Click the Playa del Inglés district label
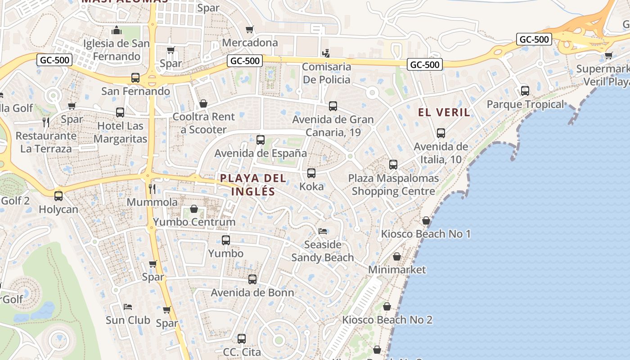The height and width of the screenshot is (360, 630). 253,185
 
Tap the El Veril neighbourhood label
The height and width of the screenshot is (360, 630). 444,112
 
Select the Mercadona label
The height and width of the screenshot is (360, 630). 250,43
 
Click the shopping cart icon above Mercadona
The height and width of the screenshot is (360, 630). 250,29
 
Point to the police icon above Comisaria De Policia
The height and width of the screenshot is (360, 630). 326,54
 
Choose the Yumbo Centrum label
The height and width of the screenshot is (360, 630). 194,222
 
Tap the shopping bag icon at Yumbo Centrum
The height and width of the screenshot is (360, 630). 194,209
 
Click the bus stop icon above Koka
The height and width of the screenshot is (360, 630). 311,173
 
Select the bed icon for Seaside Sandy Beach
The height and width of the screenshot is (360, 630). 322,231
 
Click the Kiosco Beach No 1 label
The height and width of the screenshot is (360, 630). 426,234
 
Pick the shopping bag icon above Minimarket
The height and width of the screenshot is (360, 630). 397,256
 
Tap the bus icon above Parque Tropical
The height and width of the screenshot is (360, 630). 525,91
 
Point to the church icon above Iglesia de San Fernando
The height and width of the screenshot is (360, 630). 117,31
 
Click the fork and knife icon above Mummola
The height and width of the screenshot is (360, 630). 152,189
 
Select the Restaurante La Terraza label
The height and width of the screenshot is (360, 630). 46,142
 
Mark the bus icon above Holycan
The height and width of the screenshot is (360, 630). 58,196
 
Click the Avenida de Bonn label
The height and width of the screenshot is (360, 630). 252,292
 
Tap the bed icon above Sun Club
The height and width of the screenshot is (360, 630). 128,307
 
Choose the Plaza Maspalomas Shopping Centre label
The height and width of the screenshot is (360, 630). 393,184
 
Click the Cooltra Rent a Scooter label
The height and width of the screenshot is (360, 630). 204,123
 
